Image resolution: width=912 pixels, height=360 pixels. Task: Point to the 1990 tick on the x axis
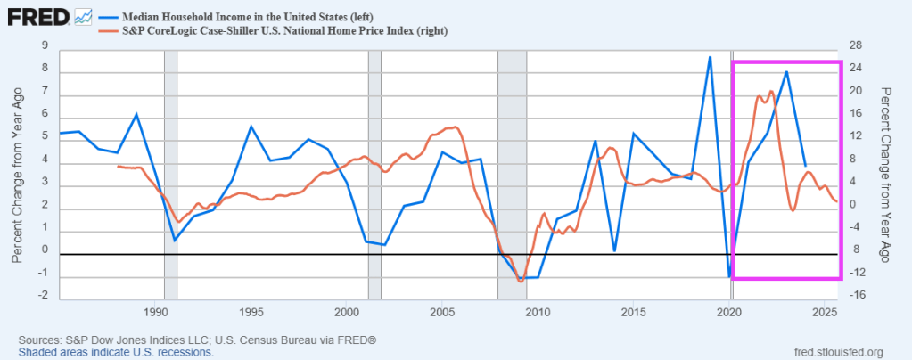pyautogui.click(x=156, y=312)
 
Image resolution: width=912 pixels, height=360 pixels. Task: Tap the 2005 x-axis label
pyautogui.click(x=442, y=312)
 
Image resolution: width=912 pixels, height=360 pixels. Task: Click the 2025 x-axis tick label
pyautogui.click(x=825, y=312)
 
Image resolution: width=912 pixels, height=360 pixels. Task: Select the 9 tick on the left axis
pyautogui.click(x=45, y=45)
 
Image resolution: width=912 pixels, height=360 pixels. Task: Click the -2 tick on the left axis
pyautogui.click(x=43, y=296)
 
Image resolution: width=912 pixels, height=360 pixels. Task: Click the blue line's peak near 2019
pyautogui.click(x=710, y=57)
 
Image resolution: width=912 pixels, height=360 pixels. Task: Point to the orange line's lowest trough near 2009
pyautogui.click(x=521, y=282)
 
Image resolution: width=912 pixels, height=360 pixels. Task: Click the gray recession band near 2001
pyautogui.click(x=374, y=169)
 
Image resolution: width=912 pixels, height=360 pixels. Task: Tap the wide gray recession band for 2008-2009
pyautogui.click(x=512, y=169)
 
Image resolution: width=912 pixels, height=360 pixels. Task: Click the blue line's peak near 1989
pyautogui.click(x=136, y=114)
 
